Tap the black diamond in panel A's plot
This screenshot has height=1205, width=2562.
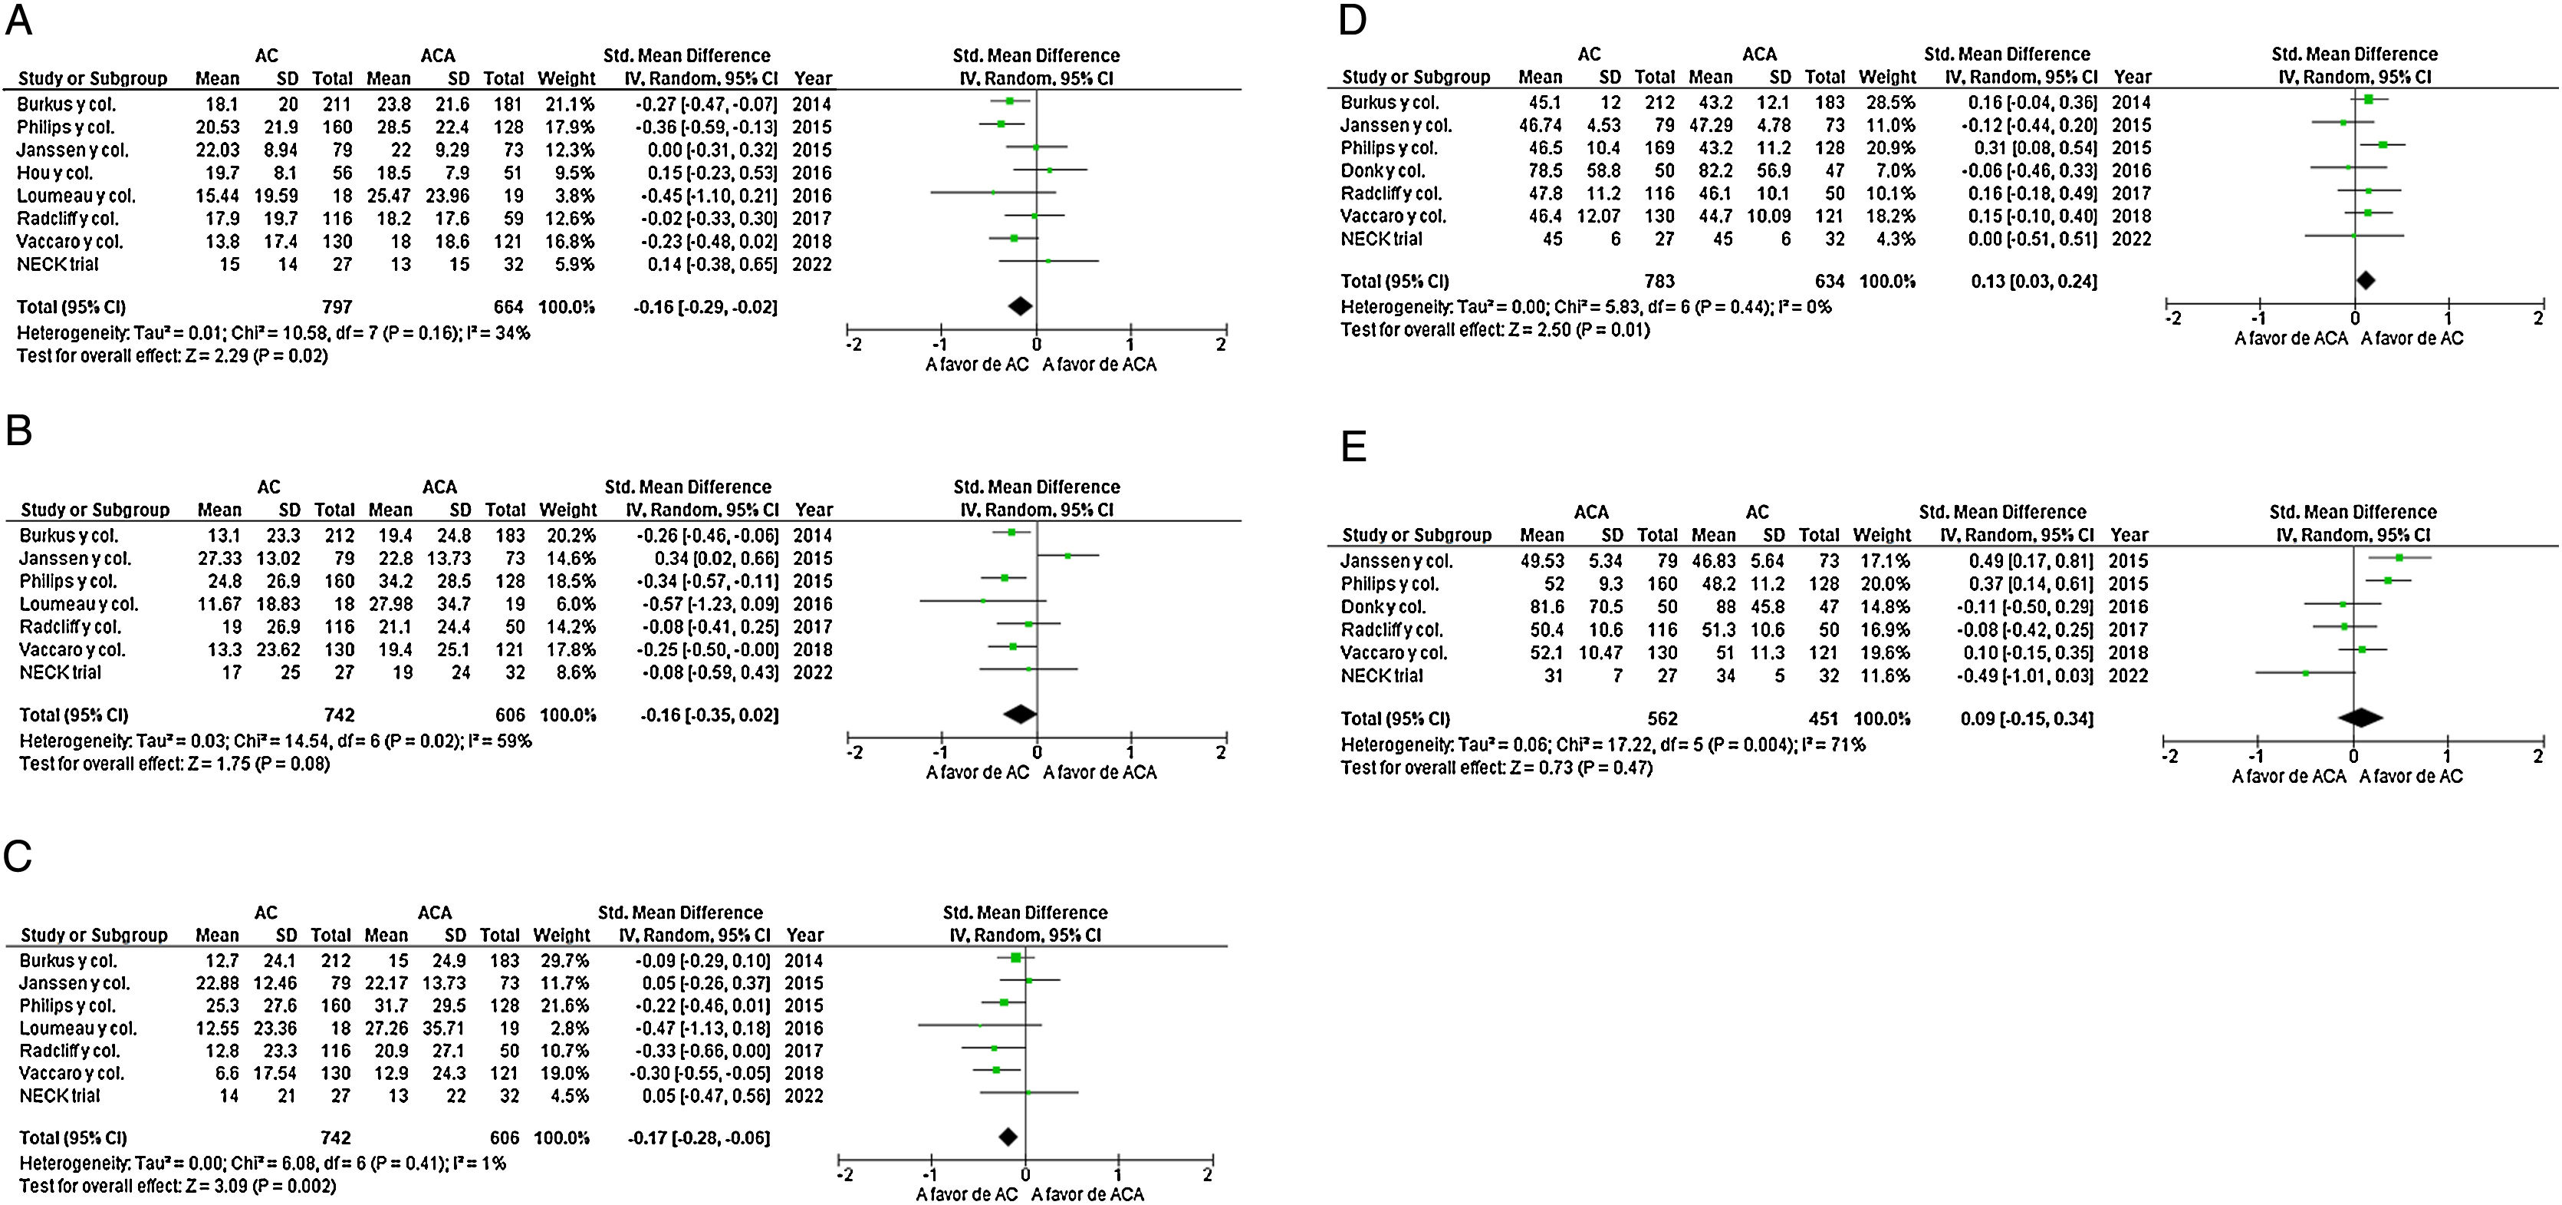coord(1021,306)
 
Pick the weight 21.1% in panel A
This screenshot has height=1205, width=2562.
coord(567,104)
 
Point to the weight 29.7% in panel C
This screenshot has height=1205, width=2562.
coord(562,961)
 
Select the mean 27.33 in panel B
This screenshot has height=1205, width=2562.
coord(219,558)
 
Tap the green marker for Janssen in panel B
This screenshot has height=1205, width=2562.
coord(1067,555)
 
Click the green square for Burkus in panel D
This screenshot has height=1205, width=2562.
coord(2368,100)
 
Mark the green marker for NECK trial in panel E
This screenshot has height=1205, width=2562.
coord(2305,674)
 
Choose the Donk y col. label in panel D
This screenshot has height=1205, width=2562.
coord(1383,171)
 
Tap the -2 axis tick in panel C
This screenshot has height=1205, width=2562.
coord(844,1175)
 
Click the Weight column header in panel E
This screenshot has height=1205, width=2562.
coord(1882,535)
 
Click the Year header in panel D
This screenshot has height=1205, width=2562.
coord(2133,78)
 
